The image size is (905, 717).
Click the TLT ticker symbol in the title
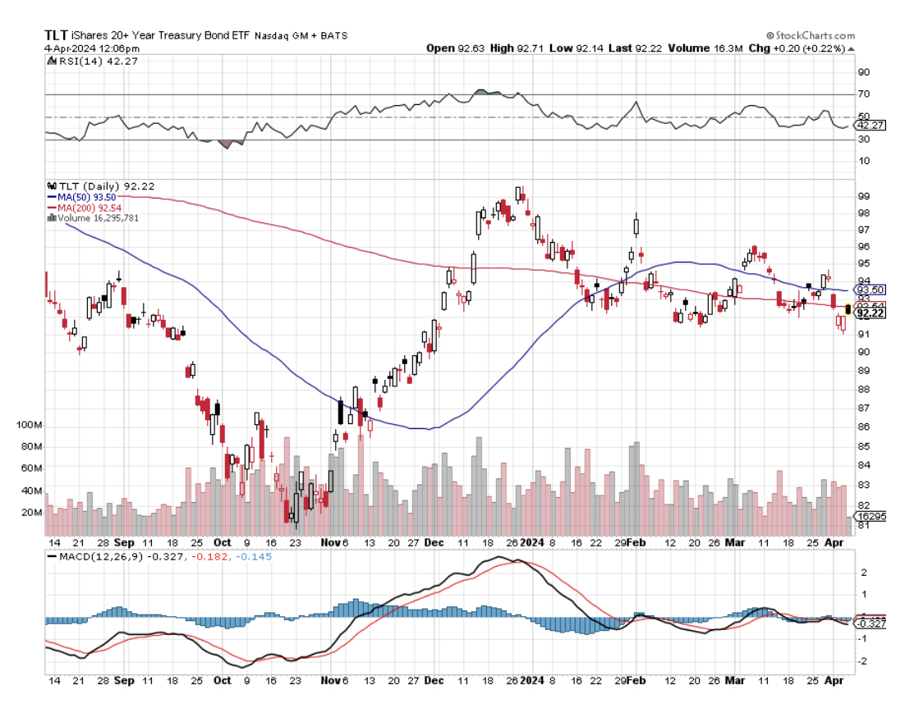56,35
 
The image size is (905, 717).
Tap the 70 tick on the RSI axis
863,95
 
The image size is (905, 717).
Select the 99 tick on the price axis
863,196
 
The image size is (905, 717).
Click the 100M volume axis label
28,425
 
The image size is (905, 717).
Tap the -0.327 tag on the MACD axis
871,623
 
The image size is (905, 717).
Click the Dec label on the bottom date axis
434,542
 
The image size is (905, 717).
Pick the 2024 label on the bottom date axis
531,542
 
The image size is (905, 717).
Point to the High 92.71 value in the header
517,48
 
